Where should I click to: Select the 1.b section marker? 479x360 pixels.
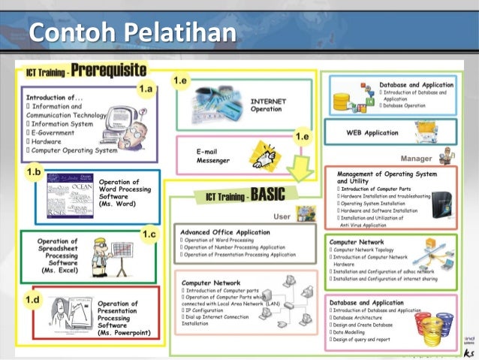click(x=35, y=172)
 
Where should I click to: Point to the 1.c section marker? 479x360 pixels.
click(x=149, y=234)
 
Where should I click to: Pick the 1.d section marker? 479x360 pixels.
click(x=33, y=300)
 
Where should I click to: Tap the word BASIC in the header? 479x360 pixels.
click(x=267, y=195)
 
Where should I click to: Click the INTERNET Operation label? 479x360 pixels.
click(x=267, y=104)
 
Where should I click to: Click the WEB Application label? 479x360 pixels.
click(x=372, y=133)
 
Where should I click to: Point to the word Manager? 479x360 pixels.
click(x=416, y=159)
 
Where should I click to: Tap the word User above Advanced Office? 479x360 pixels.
click(x=282, y=216)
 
